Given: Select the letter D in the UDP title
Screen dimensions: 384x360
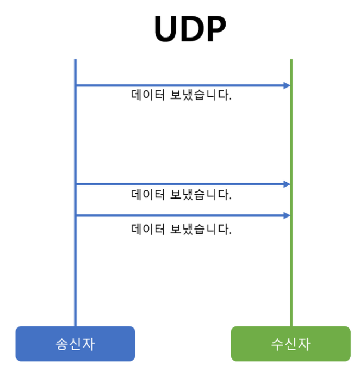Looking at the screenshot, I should point(190,29).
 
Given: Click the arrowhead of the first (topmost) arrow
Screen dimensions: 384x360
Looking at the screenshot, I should point(287,85).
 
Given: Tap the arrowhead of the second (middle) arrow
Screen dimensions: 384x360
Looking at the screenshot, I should point(287,184).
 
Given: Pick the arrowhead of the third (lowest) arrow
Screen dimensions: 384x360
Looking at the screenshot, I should point(287,216).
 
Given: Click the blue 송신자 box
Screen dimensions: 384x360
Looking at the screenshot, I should point(75,344).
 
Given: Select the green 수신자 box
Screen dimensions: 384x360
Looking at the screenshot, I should point(290,344).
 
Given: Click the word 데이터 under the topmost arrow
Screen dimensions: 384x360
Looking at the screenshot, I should point(148,96).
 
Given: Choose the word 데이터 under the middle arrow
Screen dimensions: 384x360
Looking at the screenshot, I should point(148,195).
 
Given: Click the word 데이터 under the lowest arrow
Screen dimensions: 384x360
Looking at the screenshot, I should point(148,229).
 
